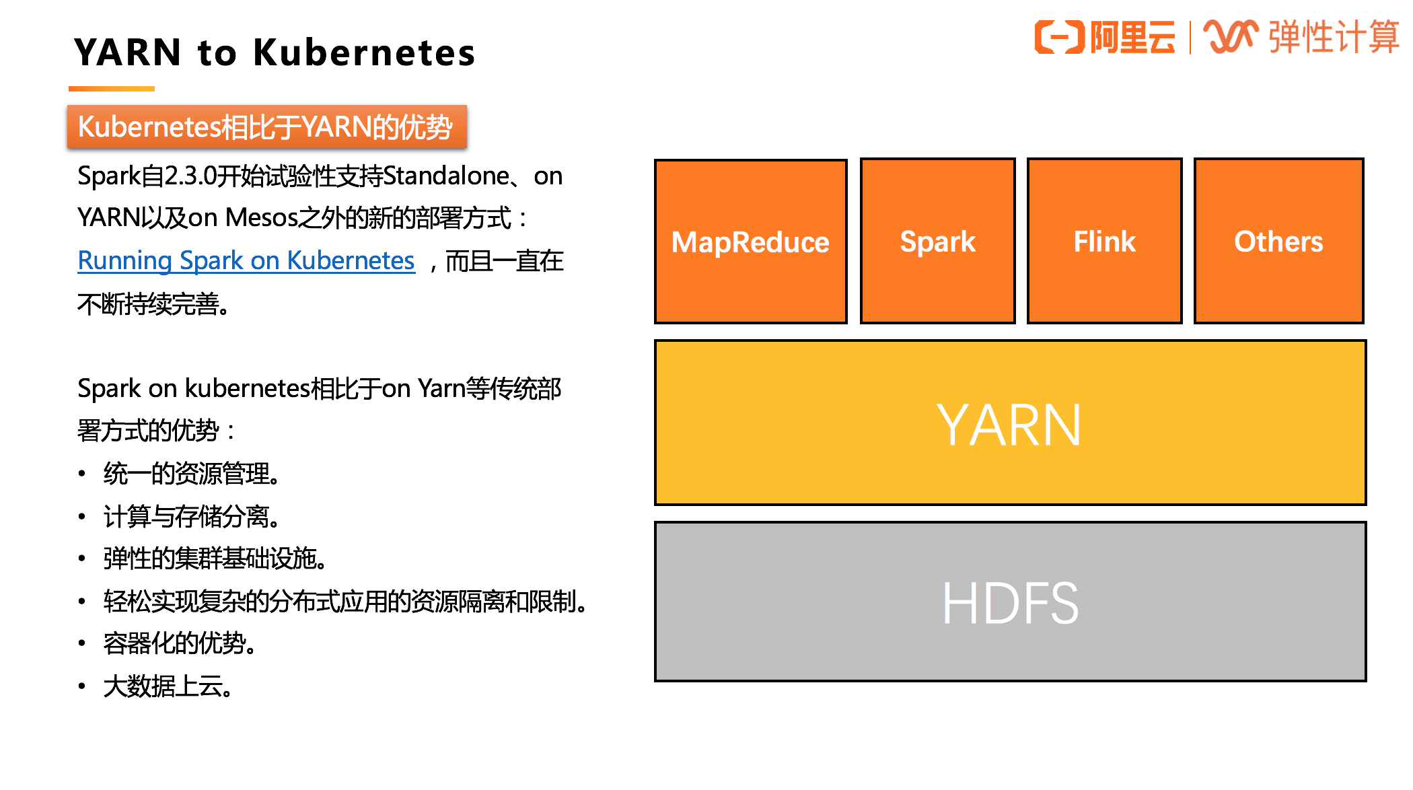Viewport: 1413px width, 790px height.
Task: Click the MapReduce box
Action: pos(750,242)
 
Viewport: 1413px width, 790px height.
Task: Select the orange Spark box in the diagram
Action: pos(937,242)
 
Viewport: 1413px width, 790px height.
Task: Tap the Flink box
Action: pos(1104,242)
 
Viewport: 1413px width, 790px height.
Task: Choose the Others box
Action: pos(1278,242)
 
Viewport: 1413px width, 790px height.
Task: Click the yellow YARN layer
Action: pos(1009,423)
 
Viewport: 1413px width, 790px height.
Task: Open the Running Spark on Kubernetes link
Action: pos(246,260)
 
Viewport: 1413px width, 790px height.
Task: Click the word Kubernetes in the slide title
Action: pos(364,52)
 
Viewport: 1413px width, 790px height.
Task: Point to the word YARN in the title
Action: pos(128,52)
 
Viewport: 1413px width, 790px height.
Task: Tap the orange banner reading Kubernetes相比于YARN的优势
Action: pos(266,127)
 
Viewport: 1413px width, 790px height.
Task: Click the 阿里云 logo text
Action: pos(1132,37)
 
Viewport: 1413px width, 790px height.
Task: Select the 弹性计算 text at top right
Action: pos(1333,37)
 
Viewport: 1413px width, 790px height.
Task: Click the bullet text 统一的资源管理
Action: pos(191,474)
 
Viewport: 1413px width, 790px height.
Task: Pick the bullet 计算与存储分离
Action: pos(191,517)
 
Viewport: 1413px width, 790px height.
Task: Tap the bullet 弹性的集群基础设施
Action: pos(215,559)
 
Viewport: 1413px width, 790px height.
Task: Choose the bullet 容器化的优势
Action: pos(179,643)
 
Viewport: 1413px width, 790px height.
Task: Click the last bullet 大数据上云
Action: pos(168,686)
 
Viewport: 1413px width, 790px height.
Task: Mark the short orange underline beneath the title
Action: pos(112,89)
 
